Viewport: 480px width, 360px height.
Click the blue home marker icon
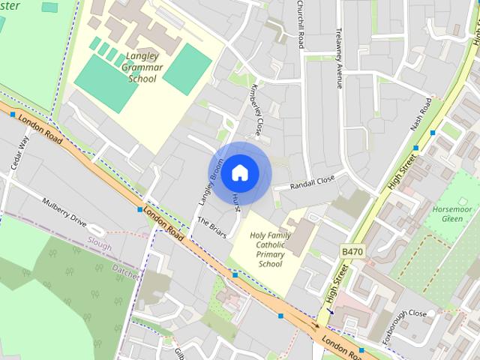point(239,173)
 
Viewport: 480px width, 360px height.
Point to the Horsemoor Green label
point(453,213)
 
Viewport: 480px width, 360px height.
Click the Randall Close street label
point(312,182)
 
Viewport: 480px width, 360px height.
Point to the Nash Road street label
point(421,115)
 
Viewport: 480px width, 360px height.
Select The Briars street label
point(212,228)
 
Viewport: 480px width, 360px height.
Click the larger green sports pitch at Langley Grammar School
point(106,83)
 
